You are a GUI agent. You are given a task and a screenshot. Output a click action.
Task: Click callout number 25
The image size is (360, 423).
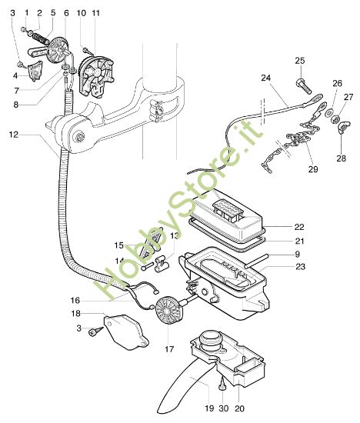click(x=300, y=61)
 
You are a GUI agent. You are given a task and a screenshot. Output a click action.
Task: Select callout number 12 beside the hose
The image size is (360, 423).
click(x=14, y=135)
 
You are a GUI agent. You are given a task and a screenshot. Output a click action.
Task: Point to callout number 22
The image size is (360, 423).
click(x=299, y=228)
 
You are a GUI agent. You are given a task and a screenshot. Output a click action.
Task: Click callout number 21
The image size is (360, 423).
click(x=299, y=241)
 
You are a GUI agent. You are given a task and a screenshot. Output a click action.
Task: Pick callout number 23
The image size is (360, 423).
click(x=299, y=266)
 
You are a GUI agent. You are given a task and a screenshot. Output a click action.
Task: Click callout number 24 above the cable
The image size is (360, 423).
click(x=265, y=78)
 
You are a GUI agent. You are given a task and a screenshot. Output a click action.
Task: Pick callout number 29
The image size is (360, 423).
click(x=313, y=168)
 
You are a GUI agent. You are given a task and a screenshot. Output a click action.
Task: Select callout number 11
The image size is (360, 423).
click(x=95, y=14)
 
